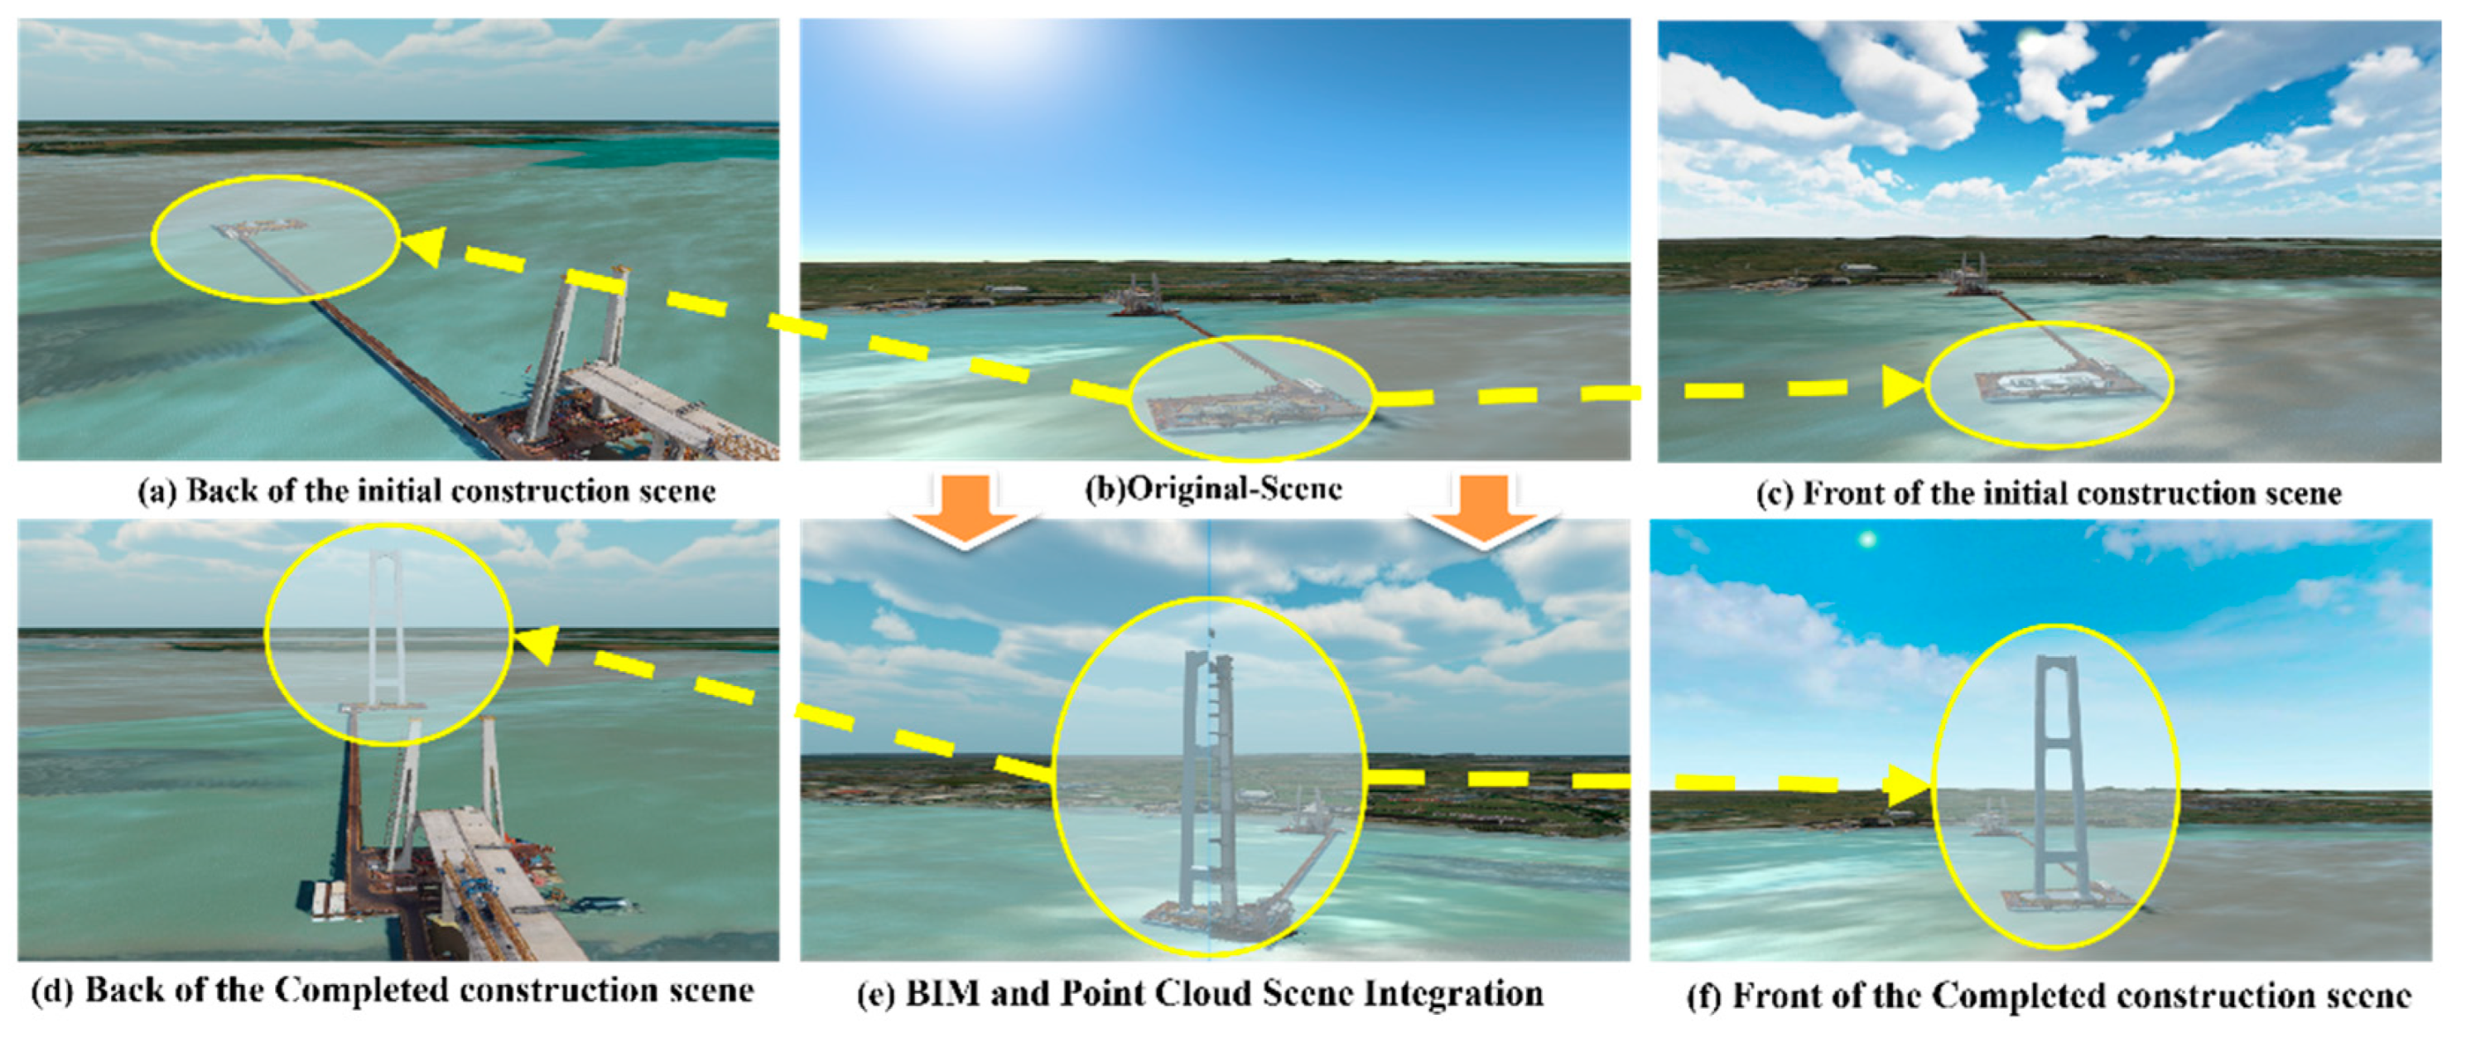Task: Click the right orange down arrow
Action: click(x=1484, y=512)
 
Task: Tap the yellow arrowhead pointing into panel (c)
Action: click(x=1903, y=387)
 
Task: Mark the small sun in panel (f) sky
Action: click(x=1866, y=541)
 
